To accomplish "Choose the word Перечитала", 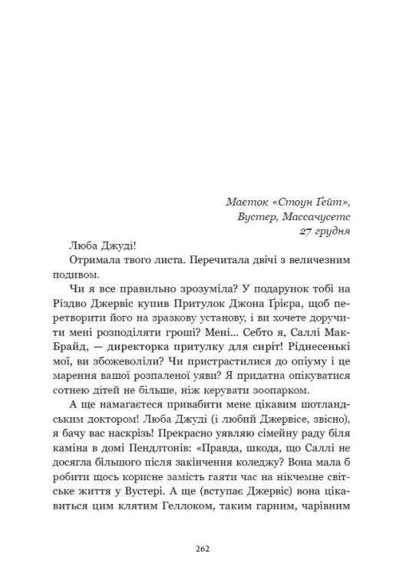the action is pyautogui.click(x=198, y=260).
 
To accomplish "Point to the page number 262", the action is pyautogui.click(x=201, y=548).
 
